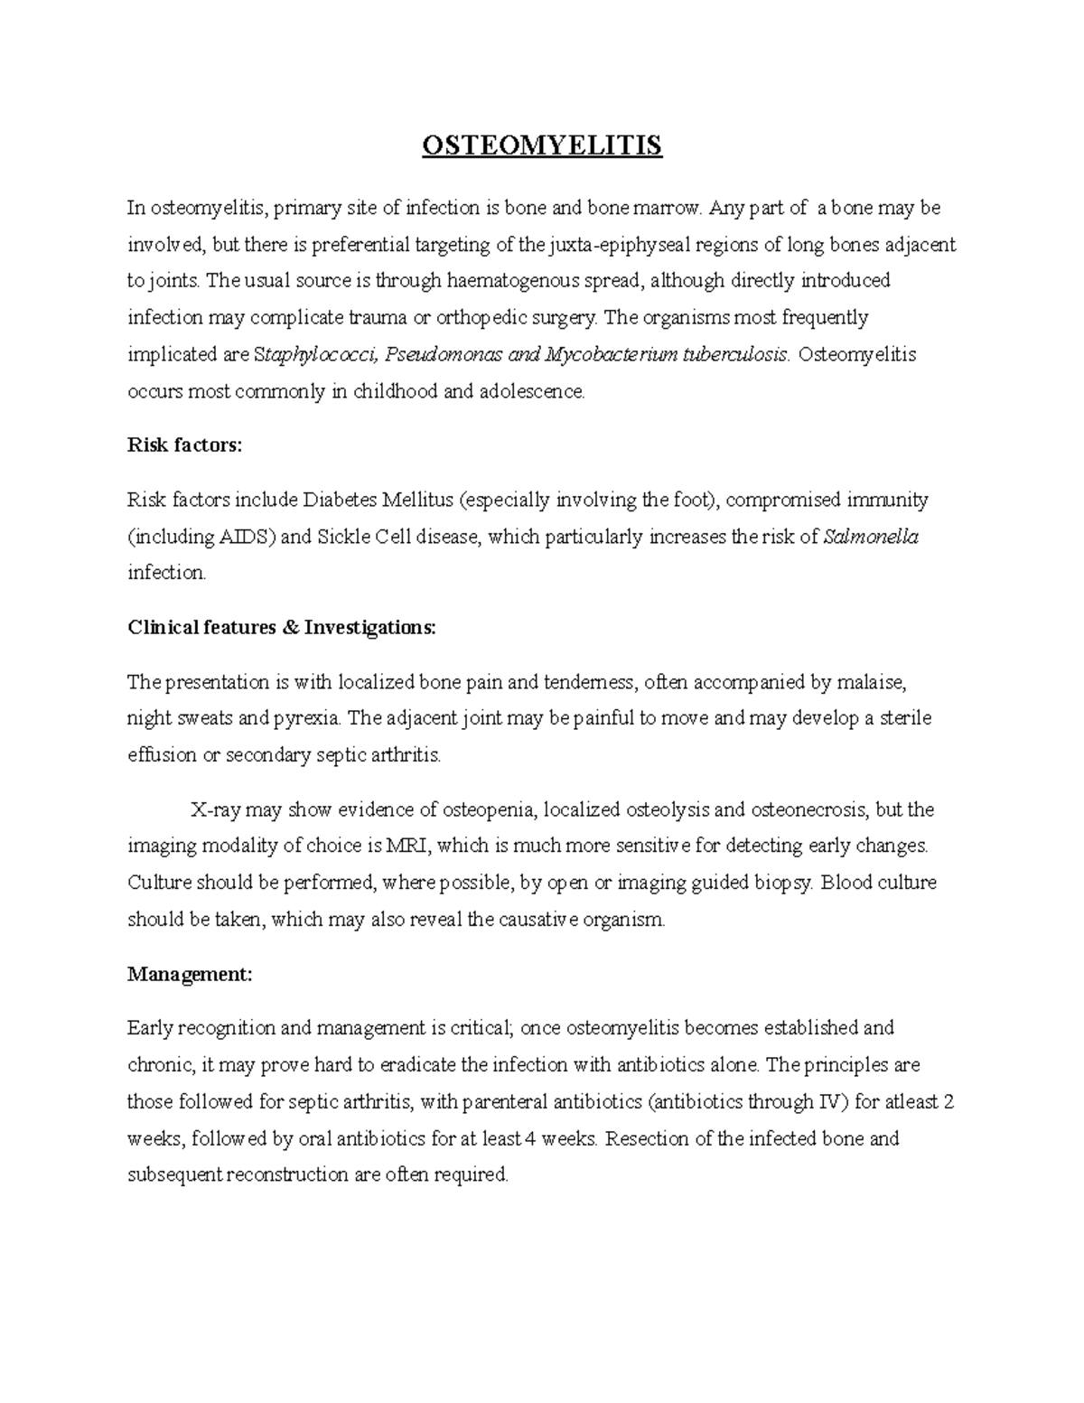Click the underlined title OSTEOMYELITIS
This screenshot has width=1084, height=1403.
coord(542,145)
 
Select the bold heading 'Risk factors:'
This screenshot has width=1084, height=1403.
coord(185,444)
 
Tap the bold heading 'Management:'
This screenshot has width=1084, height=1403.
coord(190,974)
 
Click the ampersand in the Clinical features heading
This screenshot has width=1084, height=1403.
coord(290,628)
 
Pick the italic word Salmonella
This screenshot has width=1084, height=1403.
coord(872,537)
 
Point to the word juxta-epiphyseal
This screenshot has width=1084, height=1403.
coord(613,244)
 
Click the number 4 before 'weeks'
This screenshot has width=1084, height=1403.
coord(531,1138)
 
